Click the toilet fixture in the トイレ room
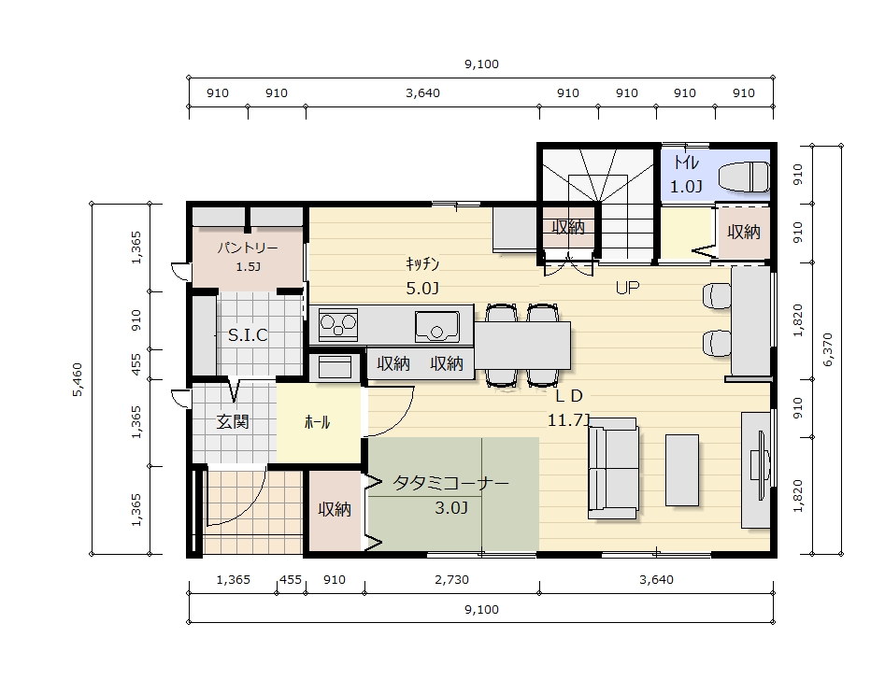pos(743,177)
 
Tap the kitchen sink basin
pos(436,326)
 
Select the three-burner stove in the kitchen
pos(338,324)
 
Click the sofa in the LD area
pos(613,468)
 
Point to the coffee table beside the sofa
pos(682,470)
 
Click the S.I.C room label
pos(248,335)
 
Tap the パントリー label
pos(248,248)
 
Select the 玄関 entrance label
pos(233,421)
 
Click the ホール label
pos(317,421)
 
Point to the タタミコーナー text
pos(450,483)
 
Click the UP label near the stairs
pos(627,288)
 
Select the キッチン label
pos(422,263)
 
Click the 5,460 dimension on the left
pos(78,379)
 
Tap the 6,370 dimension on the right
pos(827,350)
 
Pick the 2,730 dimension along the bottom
pos(451,579)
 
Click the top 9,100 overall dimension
pos(481,64)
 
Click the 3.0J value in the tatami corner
pos(451,508)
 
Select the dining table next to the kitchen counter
pos(522,346)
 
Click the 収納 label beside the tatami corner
pos(335,509)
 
